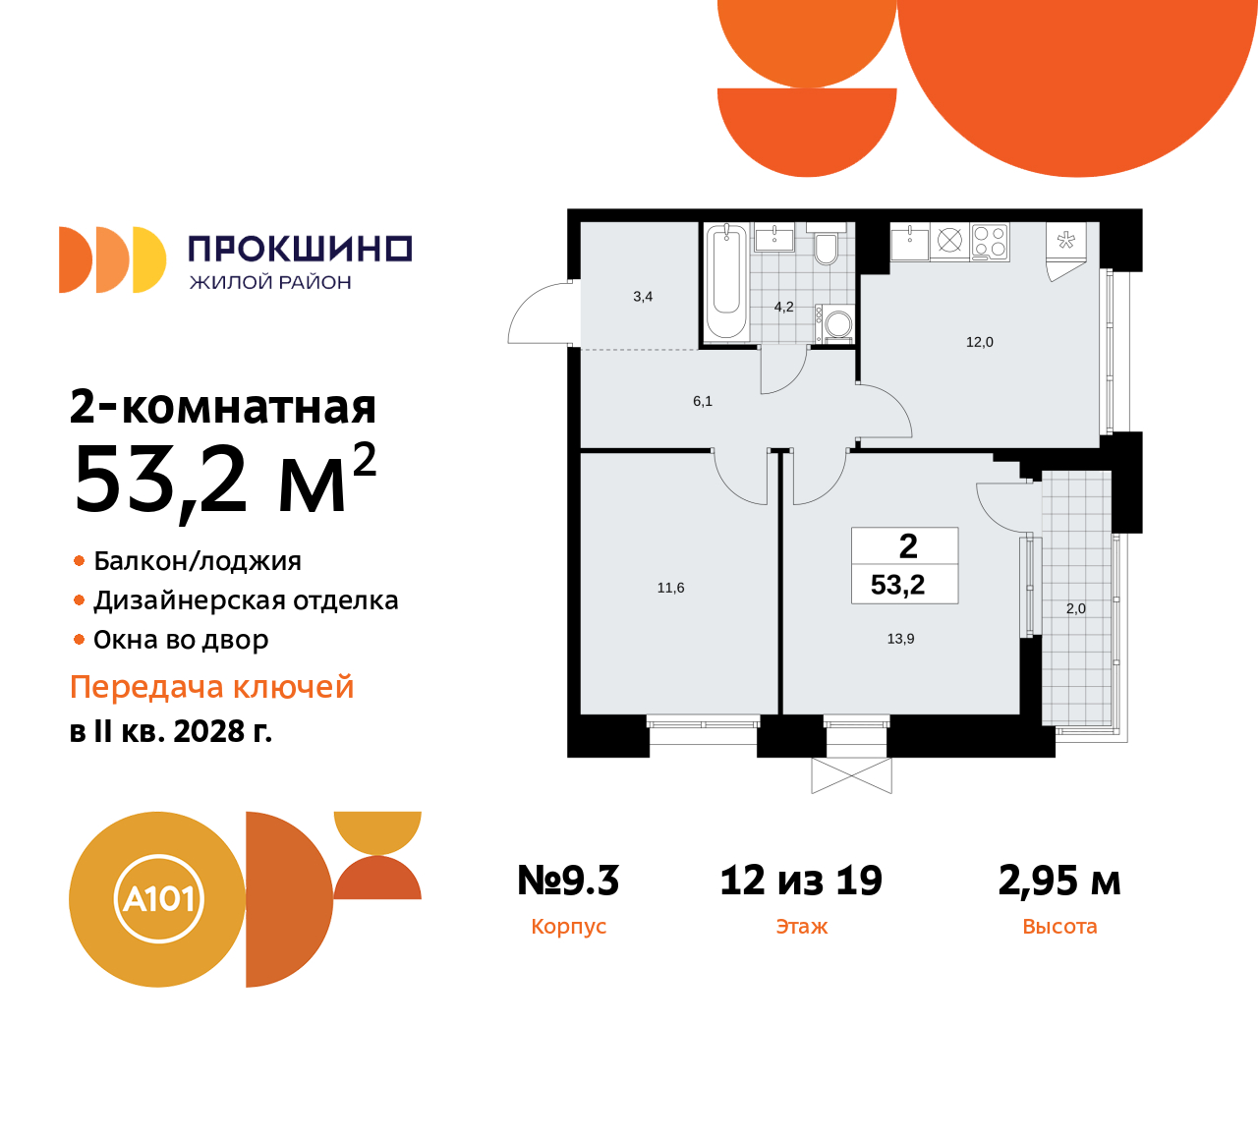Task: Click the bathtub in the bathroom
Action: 726,281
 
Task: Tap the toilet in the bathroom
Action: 826,249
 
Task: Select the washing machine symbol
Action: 838,323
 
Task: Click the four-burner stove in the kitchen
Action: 990,242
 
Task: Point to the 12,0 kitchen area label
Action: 980,342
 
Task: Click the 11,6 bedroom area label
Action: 670,588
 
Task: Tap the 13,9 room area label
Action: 900,639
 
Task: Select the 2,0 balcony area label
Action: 1076,608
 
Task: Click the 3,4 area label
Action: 643,296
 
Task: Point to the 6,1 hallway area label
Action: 703,401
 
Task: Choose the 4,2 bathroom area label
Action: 783,307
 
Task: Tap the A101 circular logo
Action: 158,898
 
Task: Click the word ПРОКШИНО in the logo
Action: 300,249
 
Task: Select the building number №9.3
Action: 568,881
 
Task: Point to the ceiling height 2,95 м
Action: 1059,881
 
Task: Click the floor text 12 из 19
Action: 801,881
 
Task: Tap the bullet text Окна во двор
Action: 181,640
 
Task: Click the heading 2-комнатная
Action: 223,407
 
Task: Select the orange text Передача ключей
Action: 212,687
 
